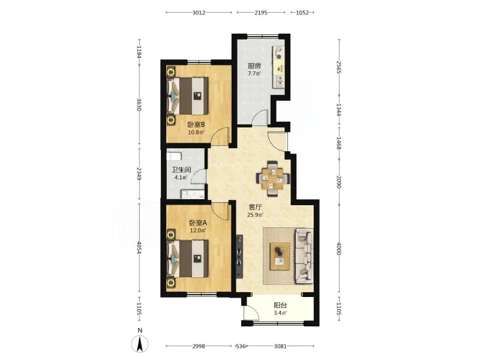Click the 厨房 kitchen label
pos(254,66)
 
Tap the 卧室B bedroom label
pos(196,125)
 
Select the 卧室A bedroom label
pos(198,223)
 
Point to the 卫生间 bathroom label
pos(181,170)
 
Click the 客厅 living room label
pos(254,207)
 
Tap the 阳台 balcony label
pos(280,305)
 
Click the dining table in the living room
pos(273,178)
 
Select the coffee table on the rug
pos(280,256)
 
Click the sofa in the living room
pos(304,256)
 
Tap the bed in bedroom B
pos(188,96)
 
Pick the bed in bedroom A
pos(188,259)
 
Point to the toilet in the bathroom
pos(173,156)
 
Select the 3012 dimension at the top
pos(199,13)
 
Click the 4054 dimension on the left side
pos(139,247)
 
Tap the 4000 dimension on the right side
pos(339,248)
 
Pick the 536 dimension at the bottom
pos(241,346)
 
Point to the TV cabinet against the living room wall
pos(239,257)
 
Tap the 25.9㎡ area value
pos(254,215)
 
